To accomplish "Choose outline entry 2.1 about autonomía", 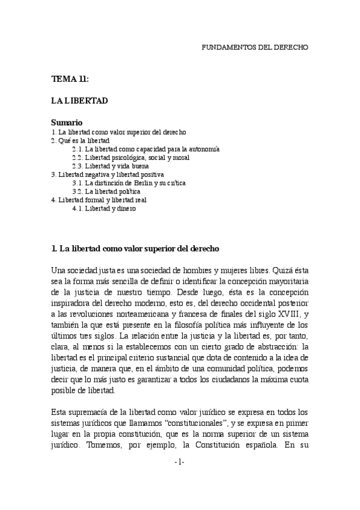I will tap(145, 149).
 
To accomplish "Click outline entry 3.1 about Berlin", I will tap(129, 182).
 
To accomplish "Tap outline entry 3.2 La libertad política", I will tap(106, 191).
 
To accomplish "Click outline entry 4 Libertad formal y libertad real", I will tap(99, 200).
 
